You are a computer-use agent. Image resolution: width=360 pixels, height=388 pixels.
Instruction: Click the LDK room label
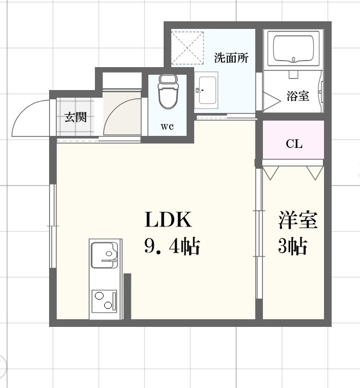168,219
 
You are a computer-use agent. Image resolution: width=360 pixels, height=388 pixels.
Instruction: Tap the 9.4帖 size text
171,247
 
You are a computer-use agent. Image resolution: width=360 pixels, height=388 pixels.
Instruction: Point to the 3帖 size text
292,247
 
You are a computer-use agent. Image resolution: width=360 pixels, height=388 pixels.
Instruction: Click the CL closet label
294,144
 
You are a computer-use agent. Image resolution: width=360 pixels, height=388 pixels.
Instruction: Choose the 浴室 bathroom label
298,96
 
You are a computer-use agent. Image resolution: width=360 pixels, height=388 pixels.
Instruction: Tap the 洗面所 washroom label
232,57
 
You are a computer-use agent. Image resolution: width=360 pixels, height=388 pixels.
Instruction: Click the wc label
167,127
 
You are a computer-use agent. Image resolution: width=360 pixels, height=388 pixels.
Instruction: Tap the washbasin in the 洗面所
207,88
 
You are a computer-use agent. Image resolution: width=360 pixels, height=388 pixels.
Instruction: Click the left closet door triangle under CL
271,172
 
